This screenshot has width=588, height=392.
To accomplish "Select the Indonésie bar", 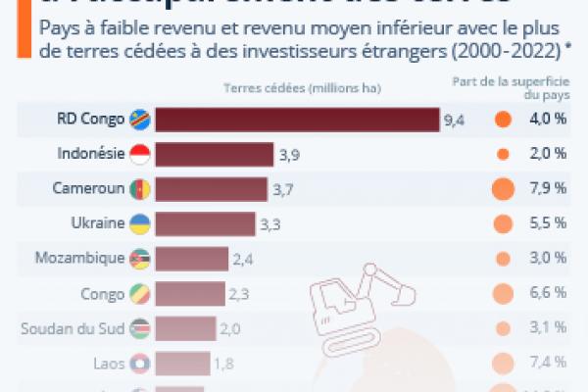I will [215, 154].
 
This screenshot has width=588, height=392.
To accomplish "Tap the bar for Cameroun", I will [212, 188].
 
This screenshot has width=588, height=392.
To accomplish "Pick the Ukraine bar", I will [207, 222].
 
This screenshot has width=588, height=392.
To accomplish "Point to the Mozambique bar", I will [192, 258].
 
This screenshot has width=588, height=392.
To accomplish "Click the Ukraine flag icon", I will [140, 222].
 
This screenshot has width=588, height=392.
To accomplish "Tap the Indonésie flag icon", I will [140, 154].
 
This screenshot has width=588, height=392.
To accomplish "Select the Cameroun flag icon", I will [140, 188].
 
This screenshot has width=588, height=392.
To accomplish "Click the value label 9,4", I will [454, 121].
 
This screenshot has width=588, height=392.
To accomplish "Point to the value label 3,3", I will [270, 223].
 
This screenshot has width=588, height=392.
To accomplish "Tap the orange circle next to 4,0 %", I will [503, 120].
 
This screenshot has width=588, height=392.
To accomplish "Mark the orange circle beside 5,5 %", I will [503, 222].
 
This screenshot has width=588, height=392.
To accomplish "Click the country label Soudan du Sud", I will [73, 327].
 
